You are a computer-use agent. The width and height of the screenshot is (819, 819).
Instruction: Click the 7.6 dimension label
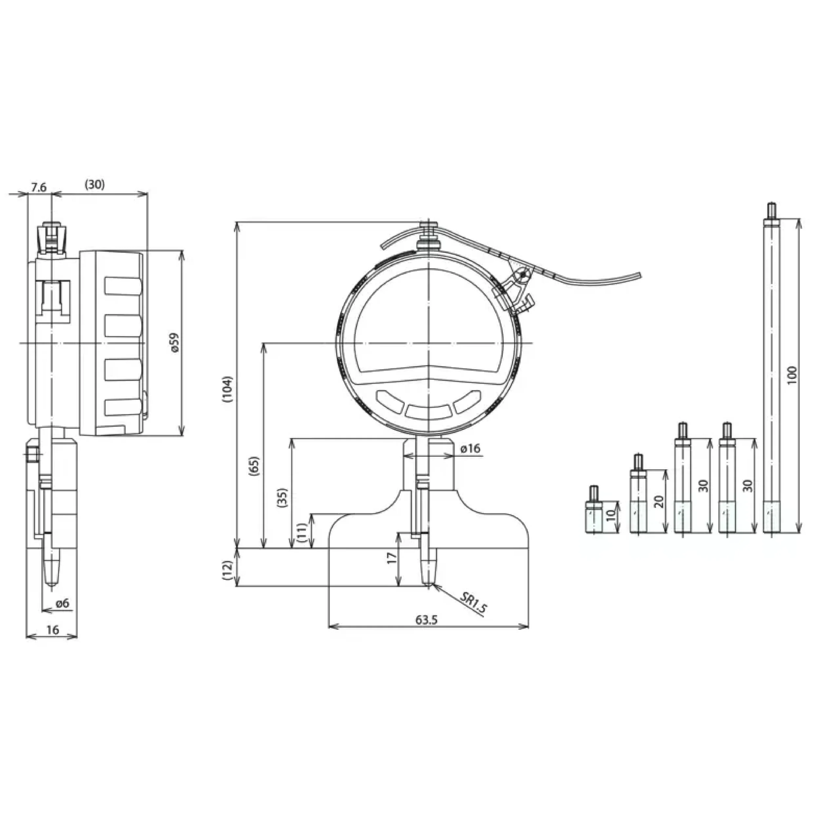tap(39, 187)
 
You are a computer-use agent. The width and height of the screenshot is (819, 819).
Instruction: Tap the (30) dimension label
tap(95, 185)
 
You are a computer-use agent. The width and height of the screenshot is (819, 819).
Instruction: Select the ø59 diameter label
tap(175, 343)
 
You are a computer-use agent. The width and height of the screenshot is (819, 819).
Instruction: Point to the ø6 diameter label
tap(62, 603)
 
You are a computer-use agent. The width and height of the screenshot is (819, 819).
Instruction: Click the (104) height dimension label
tap(228, 389)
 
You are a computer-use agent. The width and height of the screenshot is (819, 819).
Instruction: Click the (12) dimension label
tap(228, 570)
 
